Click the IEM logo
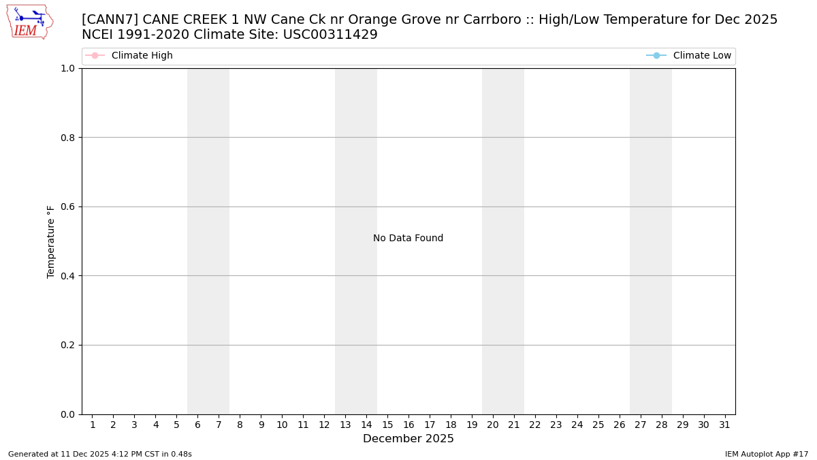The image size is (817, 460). (29, 22)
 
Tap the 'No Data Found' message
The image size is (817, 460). (408, 239)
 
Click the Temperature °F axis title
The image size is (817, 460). (51, 241)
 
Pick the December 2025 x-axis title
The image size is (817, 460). (408, 439)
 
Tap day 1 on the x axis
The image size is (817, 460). (93, 425)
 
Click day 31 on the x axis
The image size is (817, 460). (724, 425)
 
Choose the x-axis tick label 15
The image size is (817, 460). (387, 425)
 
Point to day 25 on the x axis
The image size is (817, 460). (598, 425)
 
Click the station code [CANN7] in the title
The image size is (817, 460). (110, 20)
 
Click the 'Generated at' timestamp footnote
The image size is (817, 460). (100, 455)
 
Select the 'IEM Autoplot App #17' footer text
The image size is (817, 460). (766, 455)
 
